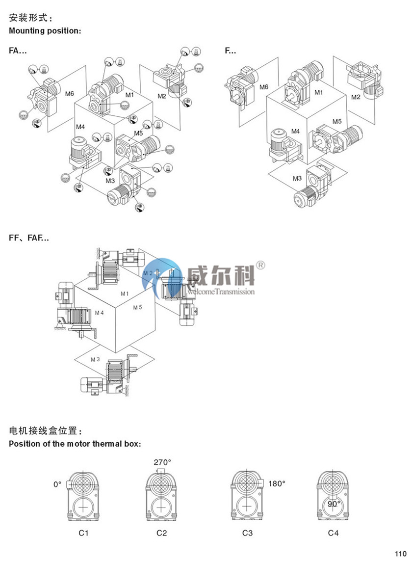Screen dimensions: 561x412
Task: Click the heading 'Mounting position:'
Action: tap(45, 31)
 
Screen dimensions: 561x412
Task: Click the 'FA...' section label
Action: tap(18, 50)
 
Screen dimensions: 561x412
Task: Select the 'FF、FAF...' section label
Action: tap(29, 238)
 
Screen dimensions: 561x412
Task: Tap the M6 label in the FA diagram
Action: tap(70, 93)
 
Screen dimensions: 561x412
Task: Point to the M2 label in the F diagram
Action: tap(356, 97)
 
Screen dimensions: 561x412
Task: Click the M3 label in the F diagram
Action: tap(297, 178)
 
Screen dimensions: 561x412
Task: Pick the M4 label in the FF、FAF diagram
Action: tap(99, 312)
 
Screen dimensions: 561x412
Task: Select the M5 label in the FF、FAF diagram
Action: tap(137, 307)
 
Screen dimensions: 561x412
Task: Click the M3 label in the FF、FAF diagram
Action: tap(95, 359)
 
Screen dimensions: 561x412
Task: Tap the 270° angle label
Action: tap(162, 462)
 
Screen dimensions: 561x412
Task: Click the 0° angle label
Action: tap(57, 484)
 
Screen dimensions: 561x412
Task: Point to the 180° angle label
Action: tap(277, 483)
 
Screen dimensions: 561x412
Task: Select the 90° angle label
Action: tap(334, 504)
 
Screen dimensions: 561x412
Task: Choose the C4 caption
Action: tap(334, 533)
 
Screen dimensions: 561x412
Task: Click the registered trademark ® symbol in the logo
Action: tap(261, 265)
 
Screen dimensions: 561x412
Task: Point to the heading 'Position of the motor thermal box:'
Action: tap(75, 444)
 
